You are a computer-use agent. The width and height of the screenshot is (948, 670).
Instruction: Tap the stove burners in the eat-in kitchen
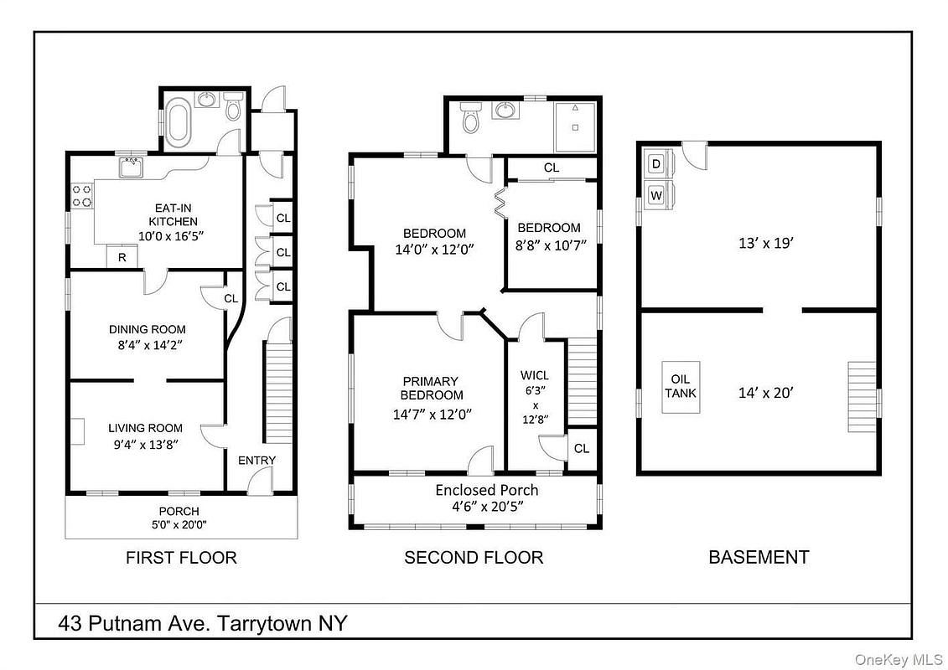point(82,195)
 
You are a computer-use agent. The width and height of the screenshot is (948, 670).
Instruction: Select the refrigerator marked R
point(122,257)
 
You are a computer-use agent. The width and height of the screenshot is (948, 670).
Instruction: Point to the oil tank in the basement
point(681,387)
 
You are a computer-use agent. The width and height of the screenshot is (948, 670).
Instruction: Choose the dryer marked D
point(656,163)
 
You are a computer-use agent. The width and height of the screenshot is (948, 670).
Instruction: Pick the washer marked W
point(656,195)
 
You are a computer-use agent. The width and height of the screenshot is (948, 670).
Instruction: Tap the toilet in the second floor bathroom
point(469,117)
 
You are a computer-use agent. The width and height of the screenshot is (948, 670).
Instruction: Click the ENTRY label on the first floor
point(257,461)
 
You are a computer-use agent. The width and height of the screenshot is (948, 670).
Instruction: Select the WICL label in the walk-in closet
point(535,376)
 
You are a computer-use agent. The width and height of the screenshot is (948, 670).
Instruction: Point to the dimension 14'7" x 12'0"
point(432,415)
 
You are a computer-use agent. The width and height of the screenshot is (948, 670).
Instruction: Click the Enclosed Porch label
point(487,490)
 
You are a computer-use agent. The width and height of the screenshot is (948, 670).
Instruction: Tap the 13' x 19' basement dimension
point(766,243)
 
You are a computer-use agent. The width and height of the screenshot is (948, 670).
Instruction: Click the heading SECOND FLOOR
point(474,557)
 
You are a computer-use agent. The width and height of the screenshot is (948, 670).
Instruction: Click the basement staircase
point(862,397)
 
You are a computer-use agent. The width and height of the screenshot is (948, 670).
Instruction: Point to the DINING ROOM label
point(147,329)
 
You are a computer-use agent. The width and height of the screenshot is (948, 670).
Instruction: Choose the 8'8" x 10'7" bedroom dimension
point(552,245)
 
